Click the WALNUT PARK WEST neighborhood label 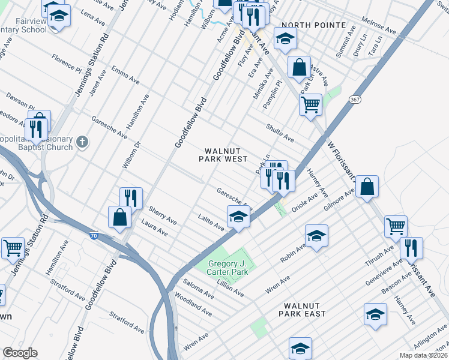pos(223,155)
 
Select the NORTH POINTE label pos(313,25)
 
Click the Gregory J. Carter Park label pos(228,268)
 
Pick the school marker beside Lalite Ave pos(238,217)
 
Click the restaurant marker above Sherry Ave pos(130,198)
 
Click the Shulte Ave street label pos(280,133)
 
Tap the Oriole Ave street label pos(304,202)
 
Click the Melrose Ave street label pos(378,25)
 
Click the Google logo pos(20,353)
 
